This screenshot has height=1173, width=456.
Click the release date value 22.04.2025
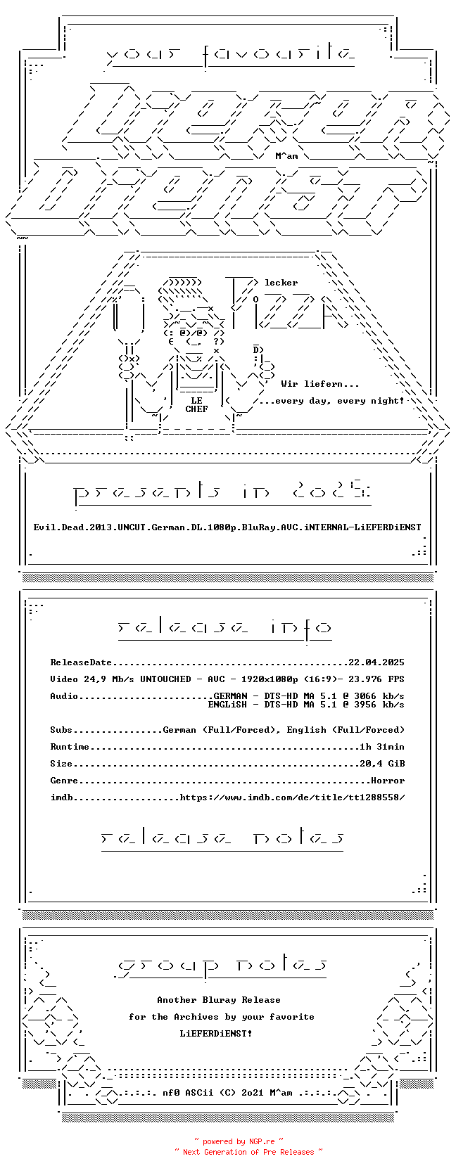coord(376,662)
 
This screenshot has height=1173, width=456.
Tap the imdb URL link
coord(292,797)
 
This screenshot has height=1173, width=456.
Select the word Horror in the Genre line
coord(388,781)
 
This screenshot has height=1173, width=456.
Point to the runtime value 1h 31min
coord(382,747)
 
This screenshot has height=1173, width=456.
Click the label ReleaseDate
coord(81,662)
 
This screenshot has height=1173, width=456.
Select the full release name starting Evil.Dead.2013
coord(227,527)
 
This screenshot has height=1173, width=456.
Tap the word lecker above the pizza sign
coord(281,283)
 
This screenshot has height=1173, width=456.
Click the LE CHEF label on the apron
coord(196,405)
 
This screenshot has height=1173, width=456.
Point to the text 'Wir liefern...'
coord(320,384)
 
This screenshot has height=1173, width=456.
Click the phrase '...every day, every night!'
coord(331,401)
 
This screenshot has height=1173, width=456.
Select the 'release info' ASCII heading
coord(224,627)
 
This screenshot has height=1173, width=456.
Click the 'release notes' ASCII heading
coord(222,838)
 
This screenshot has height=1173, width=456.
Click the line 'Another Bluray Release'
coord(219,1000)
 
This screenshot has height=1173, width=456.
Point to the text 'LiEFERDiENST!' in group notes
coord(216,1034)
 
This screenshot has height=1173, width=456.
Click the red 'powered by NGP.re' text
coord(239,1142)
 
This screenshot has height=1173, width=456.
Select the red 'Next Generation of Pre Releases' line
coord(248,1152)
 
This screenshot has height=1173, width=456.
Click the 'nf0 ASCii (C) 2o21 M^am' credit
coord(227,1093)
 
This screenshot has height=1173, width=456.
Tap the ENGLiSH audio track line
coord(306,705)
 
